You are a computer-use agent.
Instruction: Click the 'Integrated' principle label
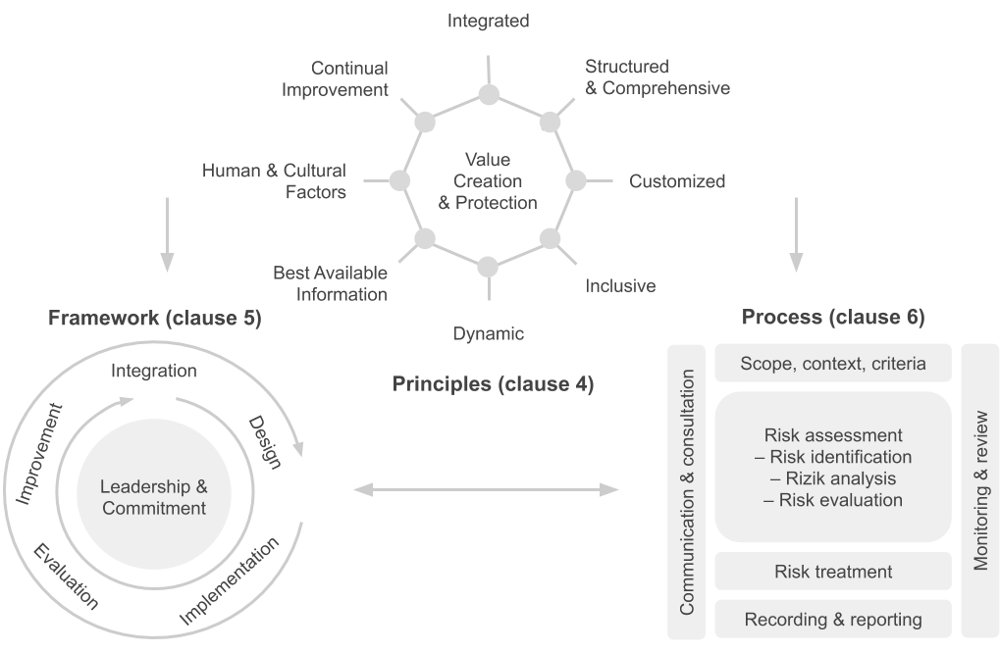[488, 21]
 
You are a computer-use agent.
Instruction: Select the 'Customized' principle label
[677, 181]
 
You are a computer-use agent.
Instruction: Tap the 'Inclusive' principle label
[620, 286]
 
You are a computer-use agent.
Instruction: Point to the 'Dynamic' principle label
[489, 333]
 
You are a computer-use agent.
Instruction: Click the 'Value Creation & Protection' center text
[488, 181]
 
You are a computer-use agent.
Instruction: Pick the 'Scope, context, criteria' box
[833, 364]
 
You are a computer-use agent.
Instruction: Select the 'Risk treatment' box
[833, 571]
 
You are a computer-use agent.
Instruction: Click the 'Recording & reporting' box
[833, 619]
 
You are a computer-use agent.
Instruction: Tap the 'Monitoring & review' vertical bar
[979, 491]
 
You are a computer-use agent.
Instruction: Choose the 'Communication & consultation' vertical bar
[686, 492]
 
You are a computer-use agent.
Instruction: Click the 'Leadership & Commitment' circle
[154, 494]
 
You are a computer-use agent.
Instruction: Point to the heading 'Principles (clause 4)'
[493, 383]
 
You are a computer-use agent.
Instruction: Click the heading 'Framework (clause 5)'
[155, 318]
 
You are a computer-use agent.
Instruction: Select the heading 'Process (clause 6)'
[833, 317]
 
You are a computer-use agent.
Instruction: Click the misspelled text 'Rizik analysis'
[841, 478]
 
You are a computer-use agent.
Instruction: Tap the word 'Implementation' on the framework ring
[229, 580]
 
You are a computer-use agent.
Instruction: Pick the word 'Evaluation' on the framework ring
[66, 577]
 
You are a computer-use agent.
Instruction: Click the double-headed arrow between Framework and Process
[486, 489]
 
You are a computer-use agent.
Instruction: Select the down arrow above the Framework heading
[167, 234]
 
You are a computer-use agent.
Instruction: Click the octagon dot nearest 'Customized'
[576, 180]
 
